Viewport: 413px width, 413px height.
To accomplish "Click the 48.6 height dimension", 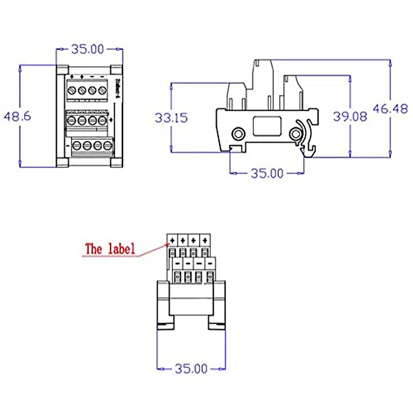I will click(x=17, y=116).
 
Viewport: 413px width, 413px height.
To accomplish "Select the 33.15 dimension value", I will click(x=171, y=118).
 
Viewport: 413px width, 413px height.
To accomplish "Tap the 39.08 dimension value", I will click(x=350, y=116).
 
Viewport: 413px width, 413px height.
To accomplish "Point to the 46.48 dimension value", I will click(x=390, y=109).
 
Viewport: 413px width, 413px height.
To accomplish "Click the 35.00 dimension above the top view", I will click(x=87, y=49).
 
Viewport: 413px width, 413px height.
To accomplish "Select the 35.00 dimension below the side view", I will click(x=267, y=173).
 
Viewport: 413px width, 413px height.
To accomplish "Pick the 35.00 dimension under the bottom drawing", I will click(x=191, y=369).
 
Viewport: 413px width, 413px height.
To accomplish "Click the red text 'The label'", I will click(x=110, y=249).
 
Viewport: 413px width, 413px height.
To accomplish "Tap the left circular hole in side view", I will click(x=237, y=134).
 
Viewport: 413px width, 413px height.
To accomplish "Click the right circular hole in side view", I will click(x=295, y=134).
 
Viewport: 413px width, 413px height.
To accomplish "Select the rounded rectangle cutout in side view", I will click(x=267, y=126).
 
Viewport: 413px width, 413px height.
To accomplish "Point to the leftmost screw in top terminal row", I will click(x=72, y=90).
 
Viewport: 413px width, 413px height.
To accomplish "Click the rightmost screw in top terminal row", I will click(x=102, y=90).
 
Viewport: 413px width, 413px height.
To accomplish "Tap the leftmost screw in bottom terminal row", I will click(x=77, y=145).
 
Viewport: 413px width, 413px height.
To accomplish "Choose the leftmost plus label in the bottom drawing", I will click(x=172, y=240).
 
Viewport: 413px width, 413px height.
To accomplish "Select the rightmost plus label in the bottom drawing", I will click(x=205, y=240).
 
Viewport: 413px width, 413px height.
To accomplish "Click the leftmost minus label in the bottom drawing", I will click(x=177, y=264).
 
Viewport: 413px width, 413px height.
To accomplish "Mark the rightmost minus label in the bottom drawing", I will click(x=210, y=264).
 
